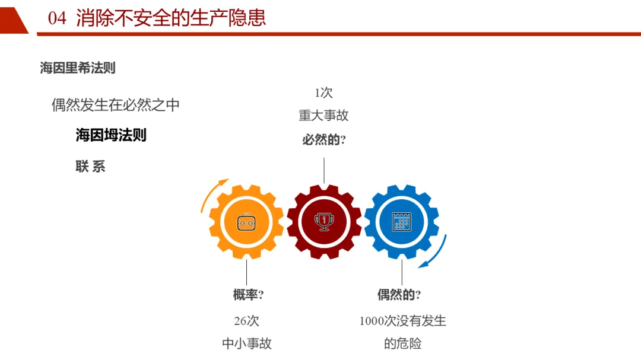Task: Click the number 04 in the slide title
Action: [x=57, y=18]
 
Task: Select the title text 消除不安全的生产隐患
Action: [x=171, y=18]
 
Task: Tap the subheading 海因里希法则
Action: [x=78, y=68]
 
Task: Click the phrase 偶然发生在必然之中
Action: [x=116, y=106]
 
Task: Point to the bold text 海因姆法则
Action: [x=111, y=135]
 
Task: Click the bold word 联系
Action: [x=90, y=167]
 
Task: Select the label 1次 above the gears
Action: [x=323, y=93]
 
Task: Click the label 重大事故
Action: [x=323, y=116]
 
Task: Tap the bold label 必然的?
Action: [x=324, y=140]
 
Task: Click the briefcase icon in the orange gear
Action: [x=246, y=222]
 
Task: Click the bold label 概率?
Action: [x=248, y=295]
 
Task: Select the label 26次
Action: [x=247, y=321]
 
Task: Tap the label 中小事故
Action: [x=247, y=343]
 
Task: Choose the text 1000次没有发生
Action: [x=402, y=321]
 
